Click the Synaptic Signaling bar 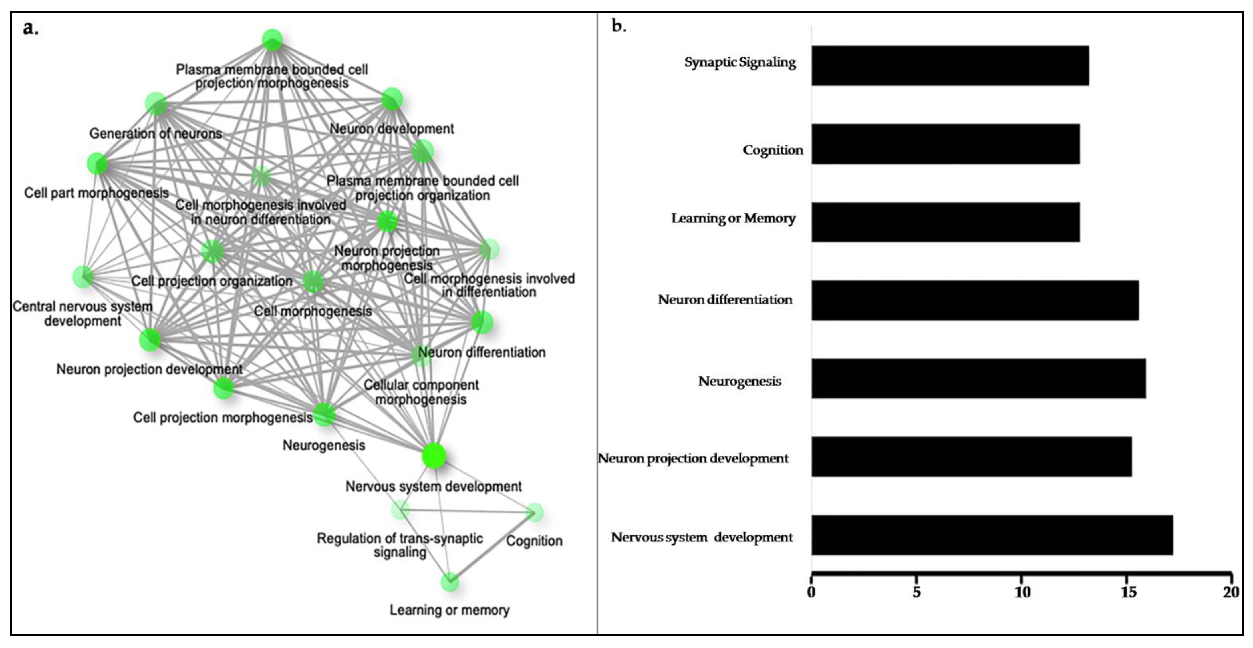click(950, 66)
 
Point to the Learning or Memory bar click(945, 222)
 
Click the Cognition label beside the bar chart click(773, 150)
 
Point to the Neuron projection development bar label click(693, 458)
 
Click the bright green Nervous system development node click(434, 456)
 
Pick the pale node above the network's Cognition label click(535, 513)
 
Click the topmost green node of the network click(272, 39)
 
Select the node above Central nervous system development click(84, 277)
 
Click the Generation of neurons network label click(156, 133)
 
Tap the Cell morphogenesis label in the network click(313, 311)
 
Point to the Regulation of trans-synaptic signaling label click(400, 545)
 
